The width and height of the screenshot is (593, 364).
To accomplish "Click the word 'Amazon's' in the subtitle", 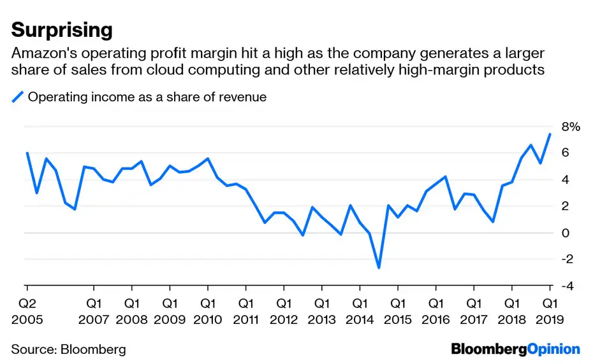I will click(40, 53).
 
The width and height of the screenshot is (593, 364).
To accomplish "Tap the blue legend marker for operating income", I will click(18, 97).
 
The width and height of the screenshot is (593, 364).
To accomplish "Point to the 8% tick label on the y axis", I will click(571, 127).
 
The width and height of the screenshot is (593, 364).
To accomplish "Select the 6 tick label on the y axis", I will click(564, 153).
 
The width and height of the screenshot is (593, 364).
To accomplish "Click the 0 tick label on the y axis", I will click(564, 233).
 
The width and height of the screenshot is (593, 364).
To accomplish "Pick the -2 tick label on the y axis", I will click(566, 260).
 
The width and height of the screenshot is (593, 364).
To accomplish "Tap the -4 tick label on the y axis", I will click(566, 286).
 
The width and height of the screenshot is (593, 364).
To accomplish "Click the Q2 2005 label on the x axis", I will click(27, 311).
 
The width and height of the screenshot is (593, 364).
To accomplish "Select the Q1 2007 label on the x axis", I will click(94, 311).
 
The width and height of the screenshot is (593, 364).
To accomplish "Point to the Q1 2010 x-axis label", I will click(207, 311).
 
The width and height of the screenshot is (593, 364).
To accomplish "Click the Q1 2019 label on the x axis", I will click(549, 311).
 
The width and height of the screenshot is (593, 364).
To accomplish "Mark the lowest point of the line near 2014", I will click(379, 268).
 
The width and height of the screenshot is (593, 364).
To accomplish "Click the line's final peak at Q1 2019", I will click(550, 134).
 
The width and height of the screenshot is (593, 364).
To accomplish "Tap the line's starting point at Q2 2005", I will click(27, 153).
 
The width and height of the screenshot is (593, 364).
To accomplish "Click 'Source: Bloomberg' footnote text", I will click(68, 349).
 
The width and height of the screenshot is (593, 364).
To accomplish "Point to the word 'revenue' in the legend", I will click(244, 97).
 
